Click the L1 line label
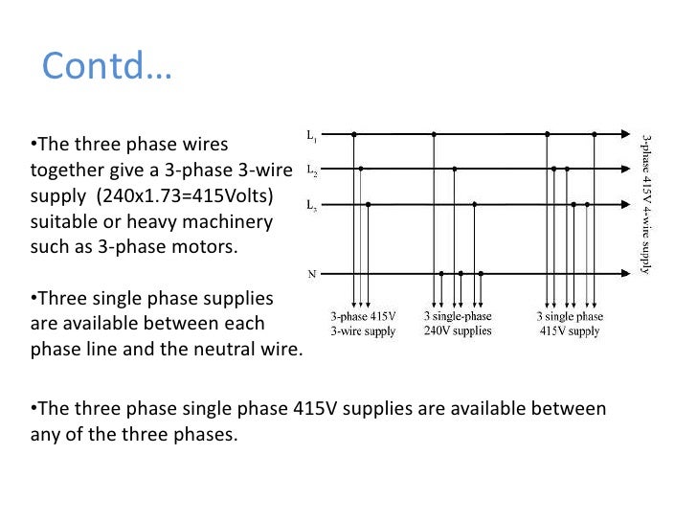pos(313,136)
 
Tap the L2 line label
pos(313,171)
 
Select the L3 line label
pos(313,205)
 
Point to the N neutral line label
pos(312,273)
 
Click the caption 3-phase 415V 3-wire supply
pos(363,324)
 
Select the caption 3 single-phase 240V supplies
pos(458,324)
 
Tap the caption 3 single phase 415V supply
pos(570,324)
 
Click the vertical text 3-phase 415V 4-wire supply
pos(647,203)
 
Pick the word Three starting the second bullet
pos(64,299)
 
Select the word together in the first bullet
pos(64,172)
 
